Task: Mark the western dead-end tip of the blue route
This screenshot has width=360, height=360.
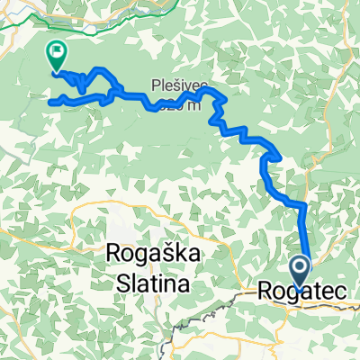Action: (x=49, y=102)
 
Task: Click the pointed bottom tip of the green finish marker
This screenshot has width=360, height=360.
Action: (x=56, y=71)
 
